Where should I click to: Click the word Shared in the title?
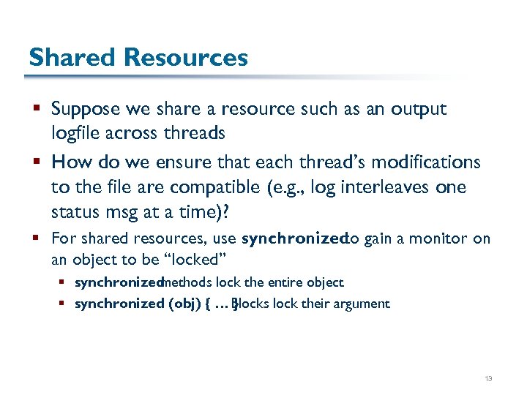click(71, 57)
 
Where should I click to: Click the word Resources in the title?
click(185, 57)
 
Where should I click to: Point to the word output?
click(419, 110)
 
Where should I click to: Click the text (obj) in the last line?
click(175, 304)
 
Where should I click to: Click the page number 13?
click(488, 379)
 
